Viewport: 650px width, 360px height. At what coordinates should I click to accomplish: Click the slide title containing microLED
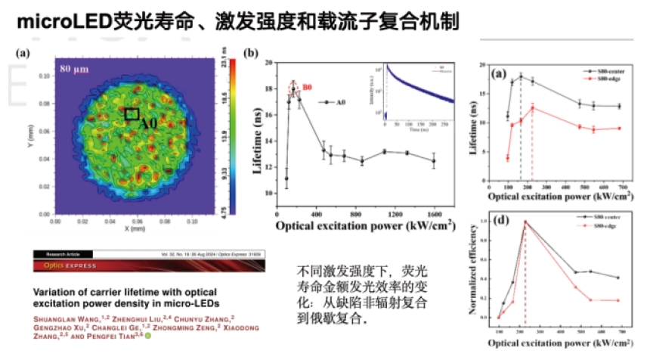pyautogui.click(x=234, y=20)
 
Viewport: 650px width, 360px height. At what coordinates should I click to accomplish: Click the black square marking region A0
pyautogui.click(x=132, y=114)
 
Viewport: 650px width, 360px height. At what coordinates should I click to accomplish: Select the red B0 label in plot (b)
pyautogui.click(x=307, y=87)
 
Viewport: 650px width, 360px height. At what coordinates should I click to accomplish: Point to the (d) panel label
pyautogui.click(x=500, y=222)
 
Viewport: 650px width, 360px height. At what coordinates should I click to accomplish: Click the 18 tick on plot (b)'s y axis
pyautogui.click(x=269, y=89)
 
